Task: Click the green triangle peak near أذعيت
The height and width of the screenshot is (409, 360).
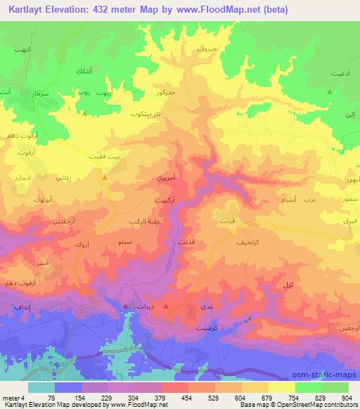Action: pos(329,92)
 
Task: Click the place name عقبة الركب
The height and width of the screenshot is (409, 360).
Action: pos(141,221)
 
